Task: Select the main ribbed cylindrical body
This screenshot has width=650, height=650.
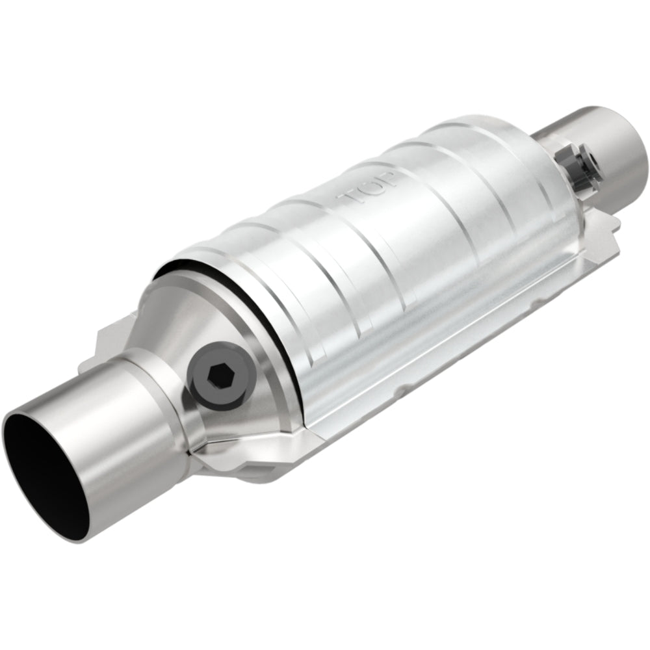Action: click(x=390, y=260)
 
